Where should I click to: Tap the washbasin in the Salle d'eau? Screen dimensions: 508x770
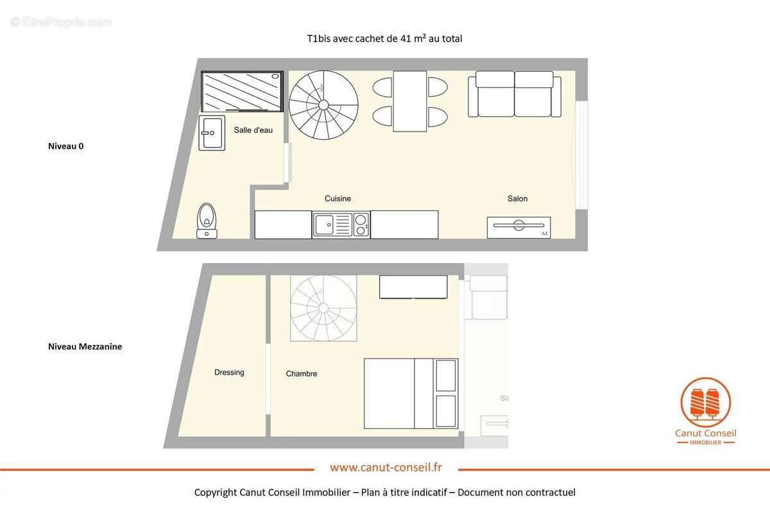pyautogui.click(x=211, y=133)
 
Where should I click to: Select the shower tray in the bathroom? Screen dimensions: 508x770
pyautogui.click(x=242, y=91)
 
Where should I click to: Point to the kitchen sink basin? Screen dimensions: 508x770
pyautogui.click(x=325, y=225)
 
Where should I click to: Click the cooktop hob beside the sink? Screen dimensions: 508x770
pyautogui.click(x=361, y=225)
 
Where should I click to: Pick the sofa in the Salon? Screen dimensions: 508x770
pyautogui.click(x=515, y=94)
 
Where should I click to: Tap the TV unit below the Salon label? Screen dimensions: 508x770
pyautogui.click(x=518, y=227)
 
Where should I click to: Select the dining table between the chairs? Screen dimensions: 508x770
pyautogui.click(x=411, y=101)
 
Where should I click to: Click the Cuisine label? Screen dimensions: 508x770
pyautogui.click(x=338, y=199)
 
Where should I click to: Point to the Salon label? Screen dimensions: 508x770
pyautogui.click(x=517, y=199)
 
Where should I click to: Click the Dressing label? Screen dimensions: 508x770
pyautogui.click(x=229, y=373)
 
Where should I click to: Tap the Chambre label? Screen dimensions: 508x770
pyautogui.click(x=302, y=374)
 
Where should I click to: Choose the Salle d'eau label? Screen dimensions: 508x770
pyautogui.click(x=253, y=130)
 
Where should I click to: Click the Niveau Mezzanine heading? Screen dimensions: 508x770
pyautogui.click(x=85, y=346)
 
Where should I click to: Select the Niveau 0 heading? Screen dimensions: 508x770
pyautogui.click(x=65, y=146)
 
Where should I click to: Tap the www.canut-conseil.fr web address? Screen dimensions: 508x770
pyautogui.click(x=386, y=468)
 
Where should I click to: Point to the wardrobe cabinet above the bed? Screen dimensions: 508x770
pyautogui.click(x=413, y=287)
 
